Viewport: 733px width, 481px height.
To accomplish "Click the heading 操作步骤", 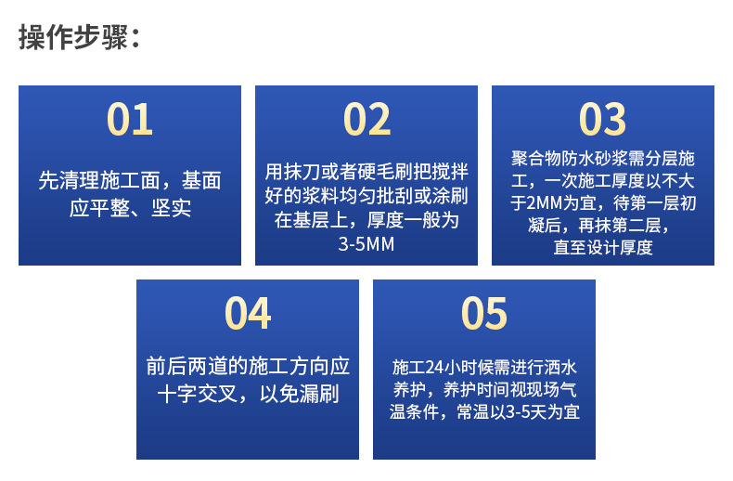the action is click(73, 37).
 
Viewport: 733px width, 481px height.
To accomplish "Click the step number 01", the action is click(130, 119).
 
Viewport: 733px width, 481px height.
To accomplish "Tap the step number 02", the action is click(366, 119).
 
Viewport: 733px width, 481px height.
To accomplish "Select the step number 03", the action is click(602, 119).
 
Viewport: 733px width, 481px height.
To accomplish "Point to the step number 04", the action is click(248, 314).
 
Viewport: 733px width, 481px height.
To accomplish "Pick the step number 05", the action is click(483, 314).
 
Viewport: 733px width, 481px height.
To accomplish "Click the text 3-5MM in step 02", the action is click(366, 244).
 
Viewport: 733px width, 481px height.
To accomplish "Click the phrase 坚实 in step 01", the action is click(171, 208).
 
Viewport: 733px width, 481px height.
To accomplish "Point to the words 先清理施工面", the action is click(99, 180).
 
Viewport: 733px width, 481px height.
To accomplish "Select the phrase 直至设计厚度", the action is click(603, 248).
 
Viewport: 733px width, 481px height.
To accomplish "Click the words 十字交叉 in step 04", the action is click(198, 394).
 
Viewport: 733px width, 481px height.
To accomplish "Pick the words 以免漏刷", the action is click(299, 394).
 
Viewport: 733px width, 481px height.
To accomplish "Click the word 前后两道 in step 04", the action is click(187, 366).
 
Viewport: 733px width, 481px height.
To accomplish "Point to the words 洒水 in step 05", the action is click(560, 368).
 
